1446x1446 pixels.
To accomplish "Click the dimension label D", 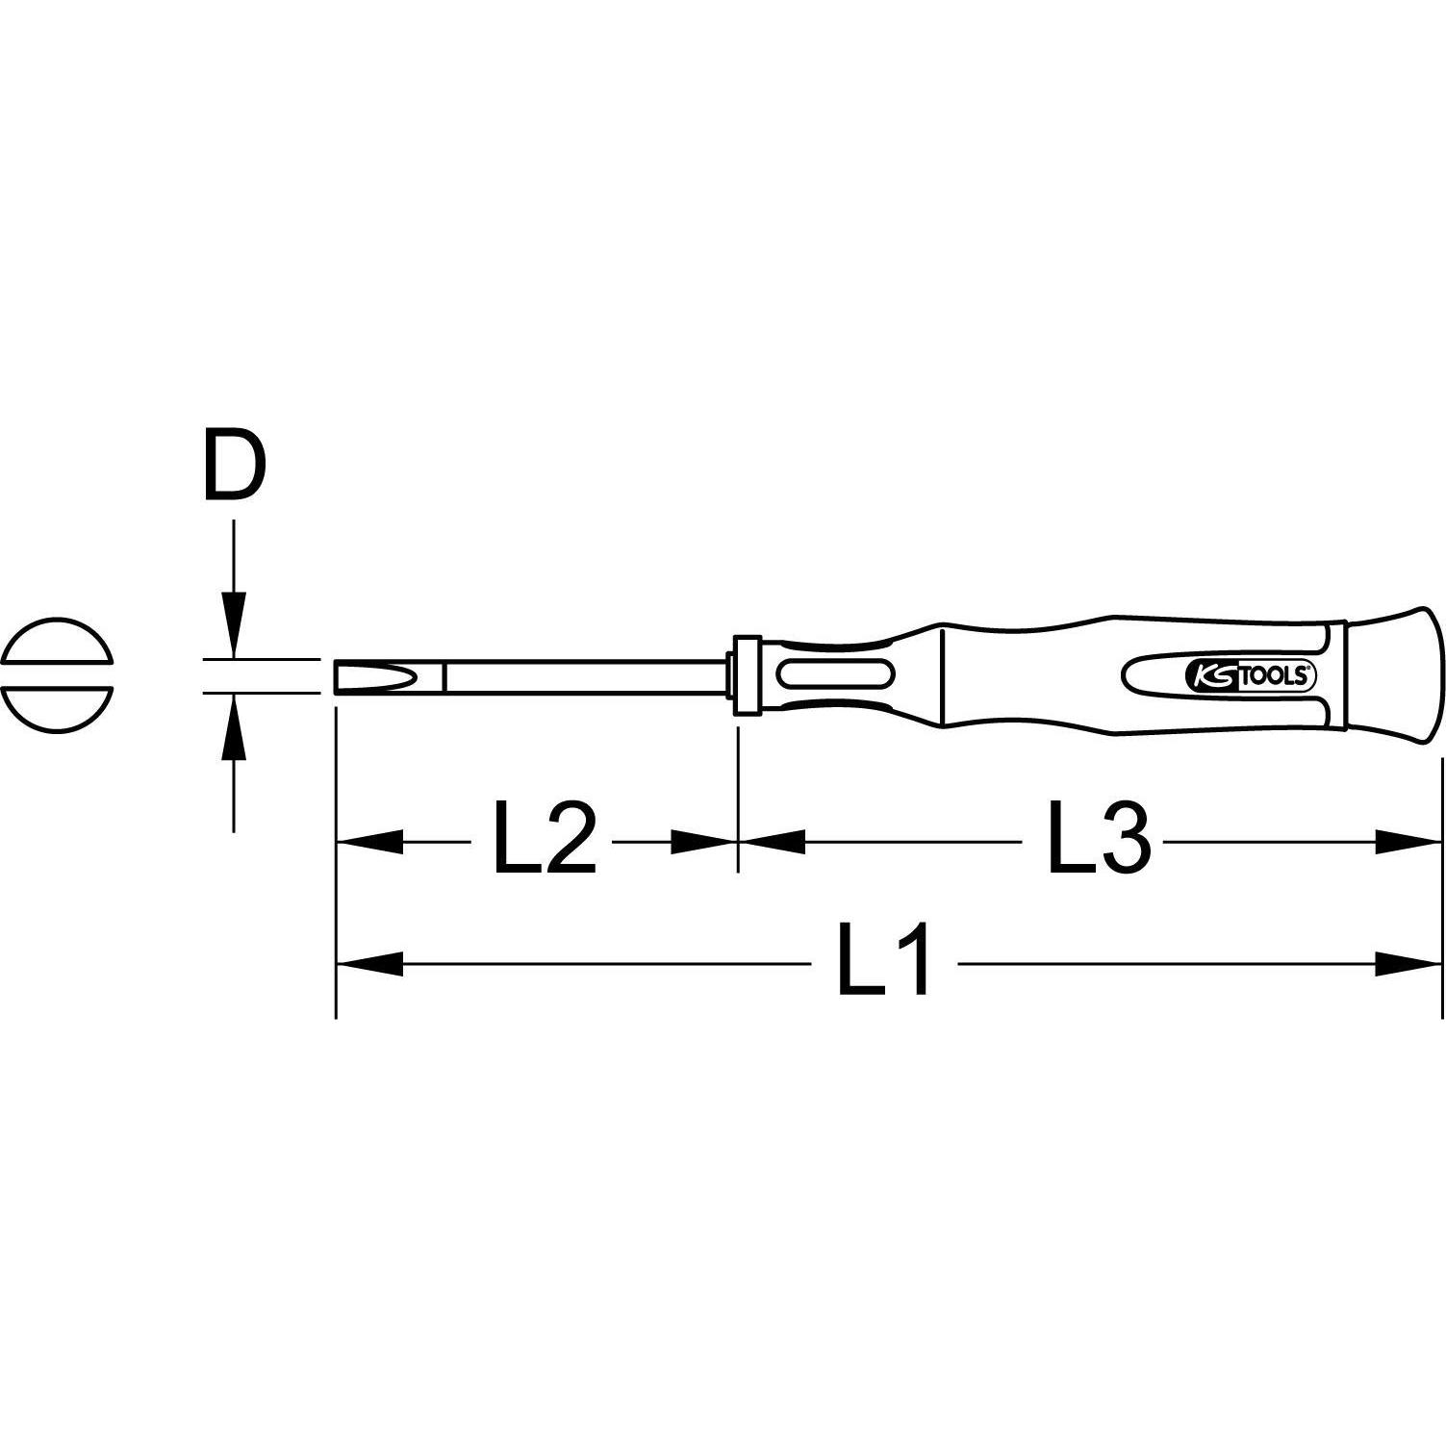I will (x=234, y=467).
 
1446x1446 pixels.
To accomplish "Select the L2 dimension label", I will (x=545, y=841).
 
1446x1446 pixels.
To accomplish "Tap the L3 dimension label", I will (x=1098, y=841).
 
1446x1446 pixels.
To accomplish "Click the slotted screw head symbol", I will (x=58, y=675).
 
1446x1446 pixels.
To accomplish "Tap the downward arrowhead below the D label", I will (x=234, y=625).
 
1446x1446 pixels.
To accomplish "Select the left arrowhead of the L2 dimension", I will (x=369, y=842).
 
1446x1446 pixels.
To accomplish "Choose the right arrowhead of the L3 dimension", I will (x=1408, y=842).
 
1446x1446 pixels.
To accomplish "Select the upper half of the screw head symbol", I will (x=58, y=643).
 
